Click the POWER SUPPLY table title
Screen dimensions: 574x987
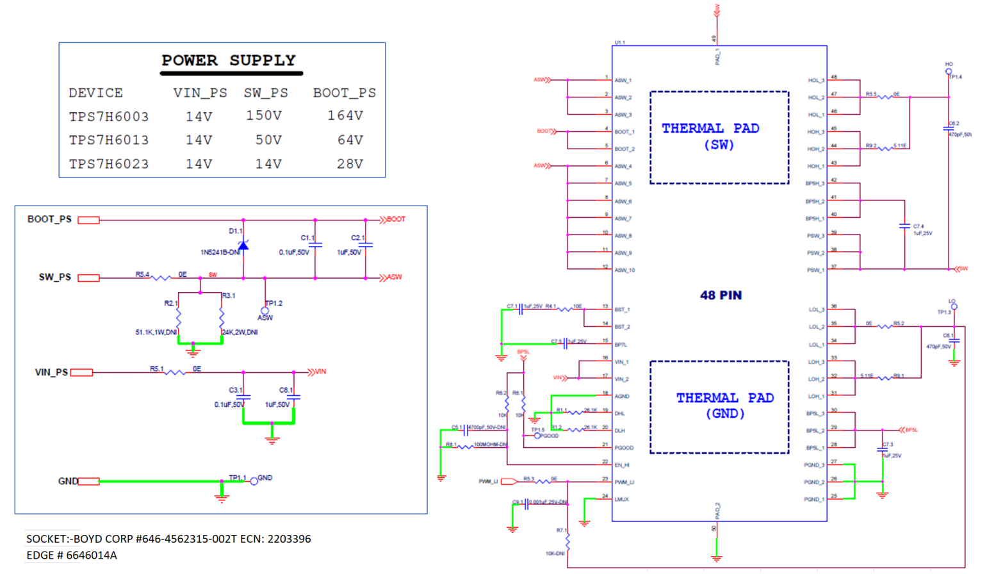point(228,61)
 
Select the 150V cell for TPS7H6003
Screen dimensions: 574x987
point(264,116)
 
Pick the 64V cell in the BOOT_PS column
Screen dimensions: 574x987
point(350,140)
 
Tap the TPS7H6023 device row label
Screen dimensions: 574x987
point(108,164)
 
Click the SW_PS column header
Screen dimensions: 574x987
point(265,93)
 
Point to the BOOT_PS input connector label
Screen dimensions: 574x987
point(49,220)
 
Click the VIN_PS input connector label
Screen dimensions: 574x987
point(51,372)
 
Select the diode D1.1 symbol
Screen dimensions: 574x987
point(243,245)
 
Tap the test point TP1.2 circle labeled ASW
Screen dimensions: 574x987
point(265,311)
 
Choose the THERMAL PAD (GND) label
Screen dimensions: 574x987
point(724,406)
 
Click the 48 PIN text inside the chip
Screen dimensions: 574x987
point(721,295)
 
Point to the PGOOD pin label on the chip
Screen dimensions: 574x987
point(623,448)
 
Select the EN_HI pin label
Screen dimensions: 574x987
point(622,465)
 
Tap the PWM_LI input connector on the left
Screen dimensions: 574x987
point(509,481)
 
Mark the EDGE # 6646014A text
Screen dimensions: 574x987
point(72,555)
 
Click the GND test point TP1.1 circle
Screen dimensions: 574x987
point(254,481)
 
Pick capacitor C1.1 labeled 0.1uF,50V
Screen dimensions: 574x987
point(315,245)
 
